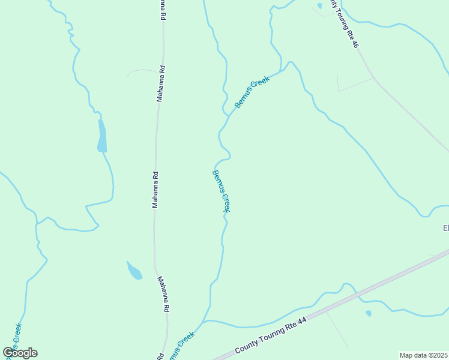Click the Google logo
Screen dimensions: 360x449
[x=20, y=352]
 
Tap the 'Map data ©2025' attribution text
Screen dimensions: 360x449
[x=424, y=355]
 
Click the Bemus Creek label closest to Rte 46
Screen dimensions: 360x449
[x=252, y=92]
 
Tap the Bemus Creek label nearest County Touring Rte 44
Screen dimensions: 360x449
[x=181, y=346]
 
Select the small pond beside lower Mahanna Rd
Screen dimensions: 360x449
[x=134, y=271]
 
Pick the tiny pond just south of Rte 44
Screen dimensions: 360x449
[x=368, y=313]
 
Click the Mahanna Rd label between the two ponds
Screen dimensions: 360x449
[x=155, y=190]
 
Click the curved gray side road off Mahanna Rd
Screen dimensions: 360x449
[x=142, y=71]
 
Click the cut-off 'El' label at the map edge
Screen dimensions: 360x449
[x=445, y=228]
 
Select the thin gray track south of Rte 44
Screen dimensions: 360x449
[x=337, y=329]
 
